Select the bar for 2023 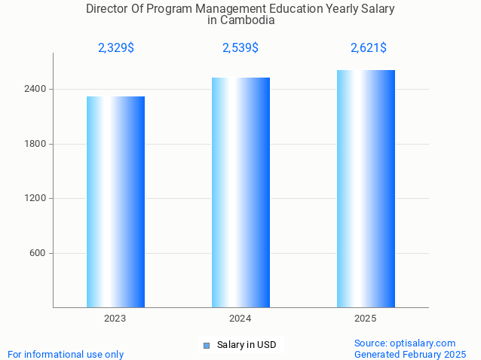click(x=115, y=202)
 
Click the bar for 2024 click(x=240, y=192)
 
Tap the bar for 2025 click(x=366, y=188)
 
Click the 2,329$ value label click(x=116, y=48)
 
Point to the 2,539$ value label click(x=240, y=48)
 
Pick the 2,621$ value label click(x=369, y=48)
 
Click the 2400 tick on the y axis click(x=37, y=90)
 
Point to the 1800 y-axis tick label click(x=37, y=144)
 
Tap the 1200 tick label click(x=37, y=199)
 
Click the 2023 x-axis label click(x=115, y=319)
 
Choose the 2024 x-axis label click(x=240, y=319)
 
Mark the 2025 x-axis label click(x=366, y=319)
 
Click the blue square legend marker click(x=206, y=346)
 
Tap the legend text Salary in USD click(x=247, y=346)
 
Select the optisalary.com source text click(x=405, y=343)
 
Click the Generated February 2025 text click(x=410, y=355)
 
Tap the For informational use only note click(x=66, y=355)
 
